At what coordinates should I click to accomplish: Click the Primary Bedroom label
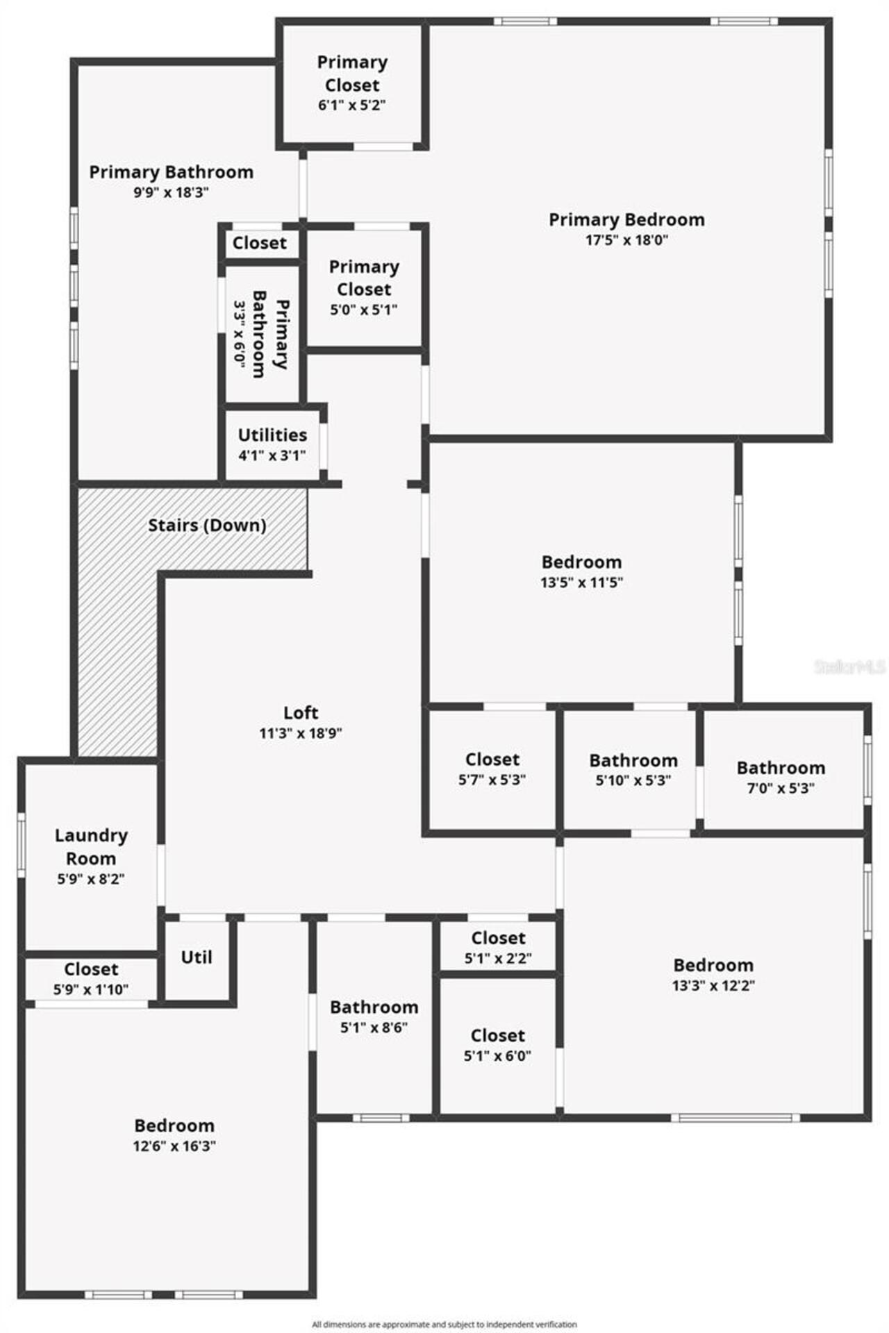click(626, 220)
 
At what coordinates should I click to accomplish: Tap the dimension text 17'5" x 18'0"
click(626, 240)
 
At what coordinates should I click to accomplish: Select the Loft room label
click(301, 712)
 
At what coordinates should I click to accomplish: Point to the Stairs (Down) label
click(207, 526)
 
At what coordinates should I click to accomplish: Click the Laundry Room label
click(91, 846)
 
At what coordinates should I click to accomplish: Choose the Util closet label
click(197, 957)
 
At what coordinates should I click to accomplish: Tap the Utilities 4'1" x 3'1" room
click(272, 444)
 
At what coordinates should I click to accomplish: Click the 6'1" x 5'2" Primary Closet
click(352, 83)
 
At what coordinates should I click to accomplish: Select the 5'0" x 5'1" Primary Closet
click(364, 287)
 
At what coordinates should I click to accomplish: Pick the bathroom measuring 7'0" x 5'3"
click(781, 777)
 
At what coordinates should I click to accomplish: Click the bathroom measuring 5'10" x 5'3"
click(633, 769)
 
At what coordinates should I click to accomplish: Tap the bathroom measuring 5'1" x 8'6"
click(374, 1016)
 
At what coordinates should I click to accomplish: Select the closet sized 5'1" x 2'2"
click(498, 947)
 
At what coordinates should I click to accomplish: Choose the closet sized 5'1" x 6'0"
click(497, 1045)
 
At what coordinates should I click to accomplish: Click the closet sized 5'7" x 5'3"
click(492, 769)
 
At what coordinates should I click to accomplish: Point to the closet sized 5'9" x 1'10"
click(91, 978)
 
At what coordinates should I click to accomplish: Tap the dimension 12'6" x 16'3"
click(174, 1146)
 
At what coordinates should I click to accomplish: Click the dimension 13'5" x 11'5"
click(581, 582)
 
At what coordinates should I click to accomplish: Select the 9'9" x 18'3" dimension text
click(171, 192)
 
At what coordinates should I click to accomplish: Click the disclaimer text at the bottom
click(444, 1325)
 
